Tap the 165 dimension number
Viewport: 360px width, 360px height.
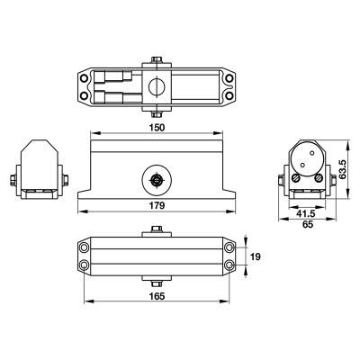(157, 294)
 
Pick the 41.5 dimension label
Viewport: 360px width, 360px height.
(306, 215)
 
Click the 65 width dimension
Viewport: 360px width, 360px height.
(309, 228)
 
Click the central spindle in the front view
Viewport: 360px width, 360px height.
(157, 179)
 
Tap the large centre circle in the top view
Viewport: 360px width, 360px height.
(157, 87)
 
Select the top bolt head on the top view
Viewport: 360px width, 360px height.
(157, 60)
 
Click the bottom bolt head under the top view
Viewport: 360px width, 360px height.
(157, 112)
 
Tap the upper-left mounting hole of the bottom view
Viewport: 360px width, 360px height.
(85, 246)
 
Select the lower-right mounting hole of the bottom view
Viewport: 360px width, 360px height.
(231, 265)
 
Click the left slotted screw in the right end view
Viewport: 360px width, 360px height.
(298, 181)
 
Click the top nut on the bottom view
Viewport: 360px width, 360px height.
(157, 235)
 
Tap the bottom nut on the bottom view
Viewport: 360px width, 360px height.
(157, 275)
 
